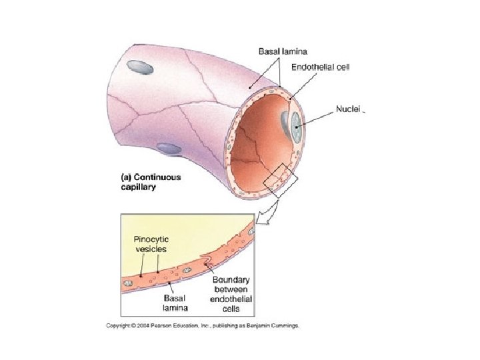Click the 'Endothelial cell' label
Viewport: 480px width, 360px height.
tap(322, 67)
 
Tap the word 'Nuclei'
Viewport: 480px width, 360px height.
tap(347, 111)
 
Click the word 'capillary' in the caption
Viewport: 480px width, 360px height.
tap(139, 188)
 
